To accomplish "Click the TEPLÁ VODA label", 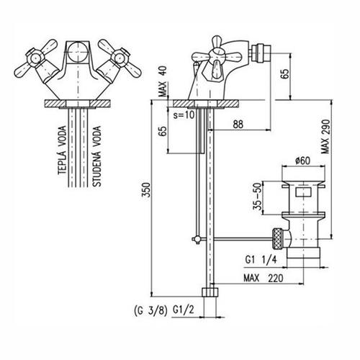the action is click(x=62, y=150).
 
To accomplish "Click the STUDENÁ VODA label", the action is click(x=96, y=156).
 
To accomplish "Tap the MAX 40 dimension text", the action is click(x=163, y=81).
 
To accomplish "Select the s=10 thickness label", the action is click(x=184, y=115).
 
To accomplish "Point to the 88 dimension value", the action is click(x=238, y=125).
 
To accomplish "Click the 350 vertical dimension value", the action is click(x=145, y=190).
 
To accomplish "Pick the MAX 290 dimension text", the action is click(x=326, y=137).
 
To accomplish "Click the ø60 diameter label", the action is click(x=303, y=161).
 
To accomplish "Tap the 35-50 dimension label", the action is click(x=257, y=197).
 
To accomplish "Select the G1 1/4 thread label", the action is click(x=261, y=260).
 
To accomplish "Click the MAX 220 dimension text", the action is click(x=264, y=278).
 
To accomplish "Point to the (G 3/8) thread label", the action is click(x=150, y=311).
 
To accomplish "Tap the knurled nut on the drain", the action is click(x=278, y=240).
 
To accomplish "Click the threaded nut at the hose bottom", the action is click(x=210, y=292).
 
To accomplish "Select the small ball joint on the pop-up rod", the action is click(x=197, y=239).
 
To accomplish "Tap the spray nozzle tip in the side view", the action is click(x=264, y=53).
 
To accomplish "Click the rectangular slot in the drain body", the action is click(x=303, y=193).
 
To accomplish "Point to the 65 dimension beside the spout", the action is click(x=285, y=74).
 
